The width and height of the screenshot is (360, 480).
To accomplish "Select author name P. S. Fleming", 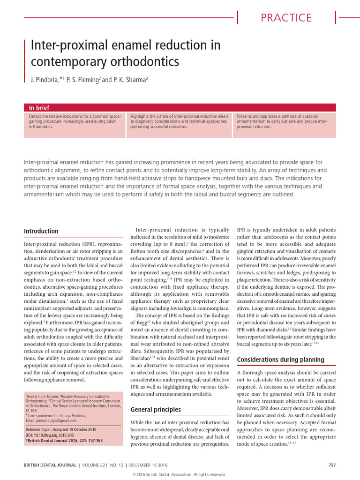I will [x=82, y=80].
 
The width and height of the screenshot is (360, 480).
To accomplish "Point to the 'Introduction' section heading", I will [x=41, y=231].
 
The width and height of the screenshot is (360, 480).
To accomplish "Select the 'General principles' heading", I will [x=155, y=410].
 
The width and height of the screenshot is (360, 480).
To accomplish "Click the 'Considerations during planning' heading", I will [x=280, y=360].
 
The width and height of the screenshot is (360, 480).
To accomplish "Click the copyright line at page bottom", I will [x=180, y=475].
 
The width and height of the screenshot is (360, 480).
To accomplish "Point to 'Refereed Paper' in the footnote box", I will [x=39, y=431].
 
